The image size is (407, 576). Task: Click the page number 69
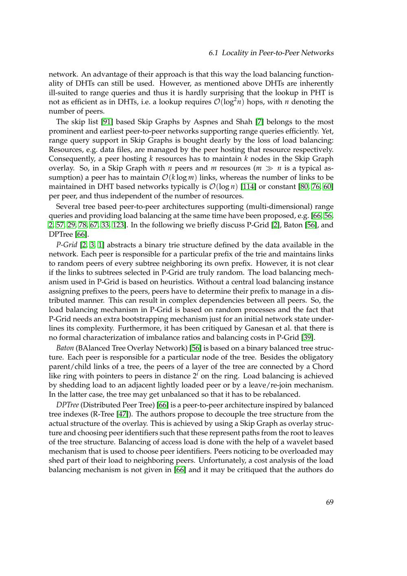tap(329, 502)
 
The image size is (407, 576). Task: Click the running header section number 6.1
tap(214, 53)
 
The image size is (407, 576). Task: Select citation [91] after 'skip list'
tap(107, 122)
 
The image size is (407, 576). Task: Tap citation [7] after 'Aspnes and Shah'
tap(259, 122)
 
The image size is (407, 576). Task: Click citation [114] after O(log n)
tap(248, 187)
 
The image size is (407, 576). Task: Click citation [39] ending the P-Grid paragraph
tap(307, 338)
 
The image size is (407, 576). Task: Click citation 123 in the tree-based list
tap(118, 225)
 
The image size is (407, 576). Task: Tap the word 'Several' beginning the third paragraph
tap(68, 206)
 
